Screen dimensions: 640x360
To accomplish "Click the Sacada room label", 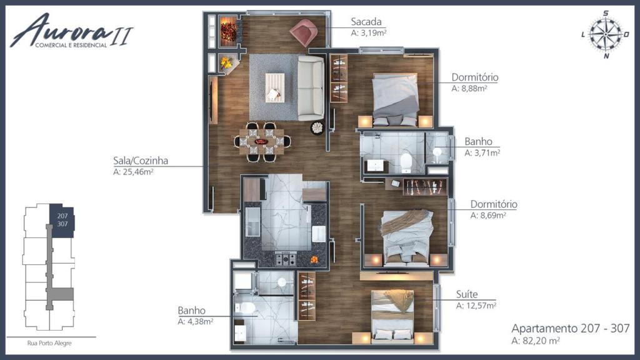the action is (366, 22).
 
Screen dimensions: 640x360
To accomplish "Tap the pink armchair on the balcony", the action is (304, 32).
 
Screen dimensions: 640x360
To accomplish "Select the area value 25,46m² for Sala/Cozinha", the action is (133, 172).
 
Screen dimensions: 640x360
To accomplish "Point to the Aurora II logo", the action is (71, 31).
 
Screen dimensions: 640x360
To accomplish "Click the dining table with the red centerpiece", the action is (262, 142).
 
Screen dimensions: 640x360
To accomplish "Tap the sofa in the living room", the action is (310, 88).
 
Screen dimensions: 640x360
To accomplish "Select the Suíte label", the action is (467, 294).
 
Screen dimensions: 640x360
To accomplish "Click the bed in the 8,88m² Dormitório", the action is (395, 100).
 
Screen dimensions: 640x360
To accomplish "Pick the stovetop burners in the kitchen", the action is (286, 259).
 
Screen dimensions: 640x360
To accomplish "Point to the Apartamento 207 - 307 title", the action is (570, 329).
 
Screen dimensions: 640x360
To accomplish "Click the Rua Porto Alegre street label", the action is (49, 343).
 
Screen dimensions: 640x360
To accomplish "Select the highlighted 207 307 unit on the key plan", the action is (62, 221).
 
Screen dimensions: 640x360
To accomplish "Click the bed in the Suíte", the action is (392, 315).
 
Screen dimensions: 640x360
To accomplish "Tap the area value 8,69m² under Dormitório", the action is (488, 216).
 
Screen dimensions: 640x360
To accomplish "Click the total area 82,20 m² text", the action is (536, 341).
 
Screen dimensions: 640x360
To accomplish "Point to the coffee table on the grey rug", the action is (275, 87).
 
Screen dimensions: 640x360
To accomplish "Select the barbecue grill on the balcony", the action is (229, 31).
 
